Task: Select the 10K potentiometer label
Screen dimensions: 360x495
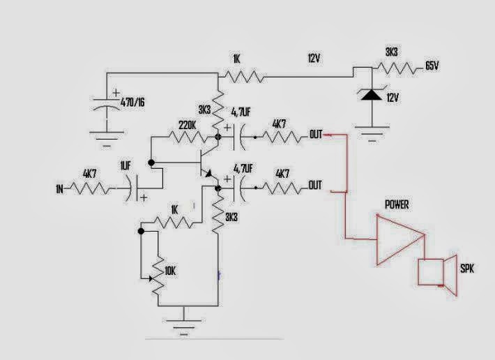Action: point(170,270)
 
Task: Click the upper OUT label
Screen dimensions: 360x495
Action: point(315,134)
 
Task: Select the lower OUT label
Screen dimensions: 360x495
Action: point(315,186)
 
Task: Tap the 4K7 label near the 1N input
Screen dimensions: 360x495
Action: point(90,174)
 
